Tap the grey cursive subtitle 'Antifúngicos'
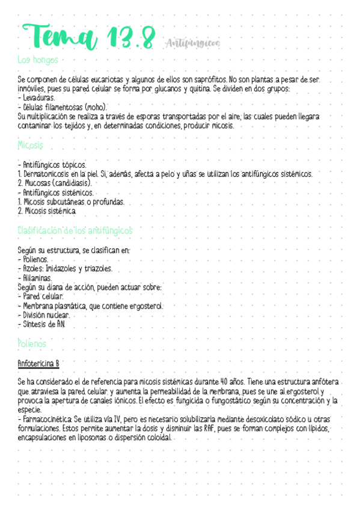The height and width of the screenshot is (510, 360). (191, 43)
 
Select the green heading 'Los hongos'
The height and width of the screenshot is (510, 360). (38, 60)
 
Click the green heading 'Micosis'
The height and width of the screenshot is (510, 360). (31, 146)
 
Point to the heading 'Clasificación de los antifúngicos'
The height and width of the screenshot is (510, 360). (75, 231)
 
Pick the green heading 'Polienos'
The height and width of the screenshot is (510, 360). (32, 344)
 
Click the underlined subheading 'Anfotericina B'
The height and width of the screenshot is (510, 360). (39, 364)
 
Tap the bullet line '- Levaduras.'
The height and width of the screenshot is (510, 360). (37, 97)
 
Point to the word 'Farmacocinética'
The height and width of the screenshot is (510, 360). (47, 419)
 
